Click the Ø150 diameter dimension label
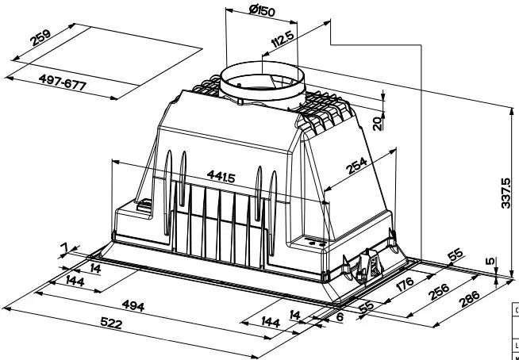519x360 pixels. tap(262, 10)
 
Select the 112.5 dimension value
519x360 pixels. tap(283, 39)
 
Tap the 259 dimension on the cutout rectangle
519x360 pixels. tap(40, 38)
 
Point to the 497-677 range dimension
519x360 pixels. tap(63, 82)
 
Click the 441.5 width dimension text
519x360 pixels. tap(221, 176)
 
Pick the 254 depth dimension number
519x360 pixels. tap(357, 166)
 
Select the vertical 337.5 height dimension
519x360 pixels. tap(506, 193)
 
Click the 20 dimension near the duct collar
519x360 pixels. tap(377, 124)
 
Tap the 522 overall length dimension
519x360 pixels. tap(111, 324)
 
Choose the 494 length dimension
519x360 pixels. tap(133, 305)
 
